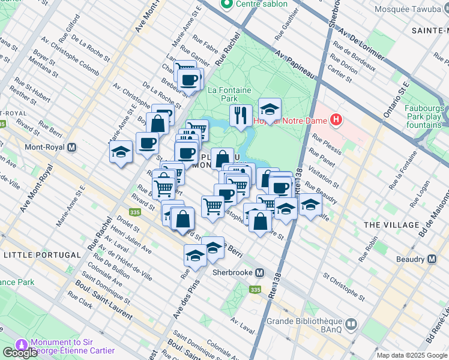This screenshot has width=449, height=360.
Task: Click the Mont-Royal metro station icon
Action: (72, 147)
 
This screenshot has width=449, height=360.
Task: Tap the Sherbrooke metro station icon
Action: (259, 272)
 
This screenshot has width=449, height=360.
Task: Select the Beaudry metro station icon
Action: (432, 259)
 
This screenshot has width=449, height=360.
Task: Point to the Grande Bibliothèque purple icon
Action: (351, 325)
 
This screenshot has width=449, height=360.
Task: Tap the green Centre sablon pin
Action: (227, 5)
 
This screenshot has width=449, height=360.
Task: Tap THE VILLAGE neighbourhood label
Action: (391, 224)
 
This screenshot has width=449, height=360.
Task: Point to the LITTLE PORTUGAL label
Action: (42, 255)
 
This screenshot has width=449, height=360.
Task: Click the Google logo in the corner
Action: (20, 353)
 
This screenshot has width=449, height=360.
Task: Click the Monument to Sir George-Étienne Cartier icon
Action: (22, 345)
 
